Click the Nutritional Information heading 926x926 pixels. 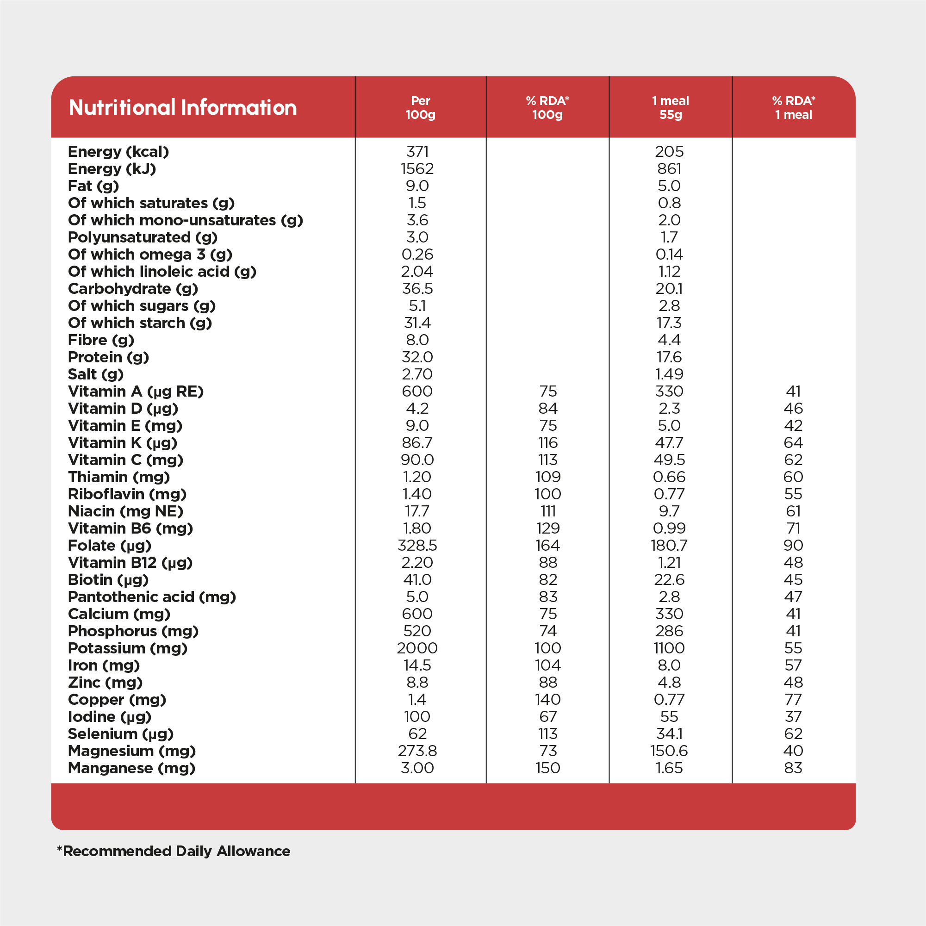click(183, 107)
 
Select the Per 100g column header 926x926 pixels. click(420, 107)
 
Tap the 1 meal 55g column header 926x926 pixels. click(670, 107)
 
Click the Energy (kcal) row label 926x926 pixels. click(118, 151)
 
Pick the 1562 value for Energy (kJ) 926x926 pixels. click(417, 169)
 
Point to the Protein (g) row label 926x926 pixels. click(108, 357)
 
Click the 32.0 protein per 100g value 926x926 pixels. click(417, 357)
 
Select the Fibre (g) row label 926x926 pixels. click(101, 340)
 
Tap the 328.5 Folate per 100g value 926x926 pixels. click(417, 546)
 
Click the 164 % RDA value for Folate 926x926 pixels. click(547, 546)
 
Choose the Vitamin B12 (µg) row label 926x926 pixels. click(130, 562)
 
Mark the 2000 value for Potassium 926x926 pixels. click(417, 648)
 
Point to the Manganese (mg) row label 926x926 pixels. click(131, 768)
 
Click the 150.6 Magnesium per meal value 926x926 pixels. click(669, 751)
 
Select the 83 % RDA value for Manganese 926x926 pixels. click(793, 768)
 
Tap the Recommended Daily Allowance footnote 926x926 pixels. click(174, 851)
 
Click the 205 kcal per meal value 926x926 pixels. click(669, 151)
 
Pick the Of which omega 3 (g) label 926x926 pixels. click(150, 255)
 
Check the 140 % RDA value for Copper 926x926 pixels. click(547, 699)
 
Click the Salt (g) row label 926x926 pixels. click(95, 374)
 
